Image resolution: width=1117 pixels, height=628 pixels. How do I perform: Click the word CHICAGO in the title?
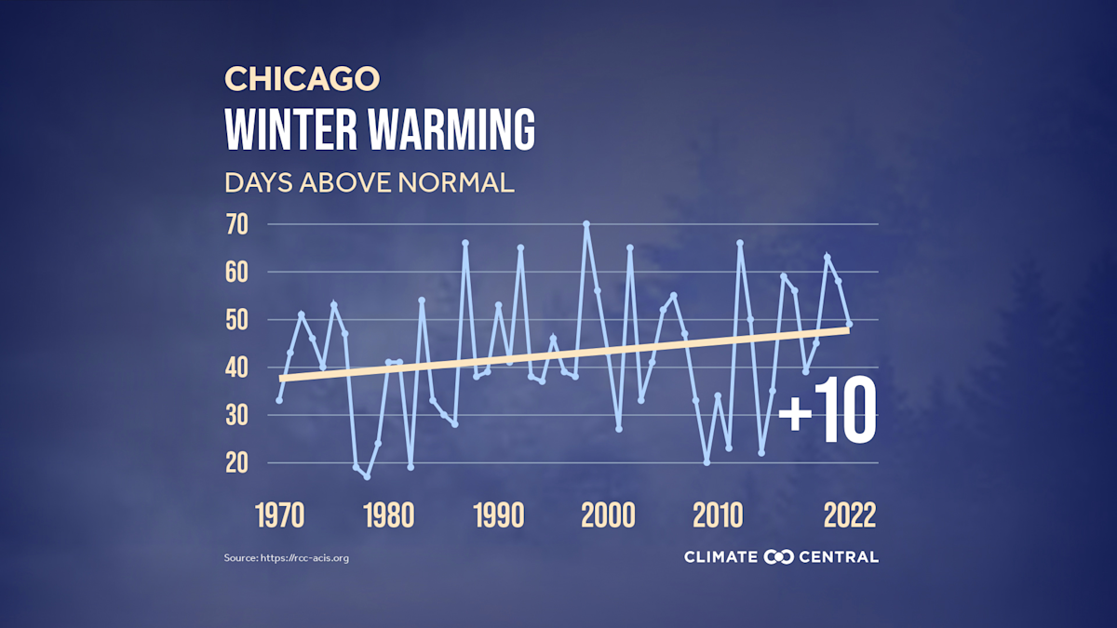pos(302,79)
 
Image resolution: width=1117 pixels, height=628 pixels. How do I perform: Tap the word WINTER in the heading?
pos(290,130)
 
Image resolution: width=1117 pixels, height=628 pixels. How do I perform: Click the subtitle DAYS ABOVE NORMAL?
pos(369,182)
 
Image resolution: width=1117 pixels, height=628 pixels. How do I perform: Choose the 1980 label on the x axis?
pos(388,514)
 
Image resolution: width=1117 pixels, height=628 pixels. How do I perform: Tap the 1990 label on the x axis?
pos(498,514)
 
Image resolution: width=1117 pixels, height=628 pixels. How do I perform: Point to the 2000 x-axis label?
pos(608,514)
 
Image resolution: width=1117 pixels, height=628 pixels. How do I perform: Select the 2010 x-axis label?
pos(717,514)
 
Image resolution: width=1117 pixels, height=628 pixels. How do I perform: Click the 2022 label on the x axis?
pos(848,514)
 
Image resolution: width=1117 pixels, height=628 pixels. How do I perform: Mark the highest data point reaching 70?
pos(586,224)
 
